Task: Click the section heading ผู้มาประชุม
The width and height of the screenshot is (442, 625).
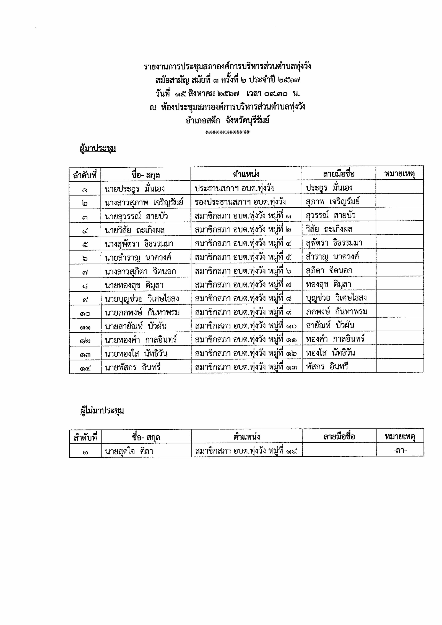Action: click(x=98, y=148)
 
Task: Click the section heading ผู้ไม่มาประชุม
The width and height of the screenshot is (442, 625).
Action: click(x=102, y=410)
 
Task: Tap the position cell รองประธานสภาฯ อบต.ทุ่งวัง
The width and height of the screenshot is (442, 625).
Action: click(x=240, y=202)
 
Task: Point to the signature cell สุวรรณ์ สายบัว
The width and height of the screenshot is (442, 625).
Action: click(x=330, y=216)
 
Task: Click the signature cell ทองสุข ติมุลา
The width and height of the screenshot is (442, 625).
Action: click(x=328, y=284)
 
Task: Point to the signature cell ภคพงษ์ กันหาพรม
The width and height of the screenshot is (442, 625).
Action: click(x=336, y=311)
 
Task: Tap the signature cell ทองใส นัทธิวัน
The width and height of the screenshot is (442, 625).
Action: click(x=330, y=353)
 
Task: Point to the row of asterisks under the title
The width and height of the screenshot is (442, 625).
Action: click(x=228, y=133)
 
